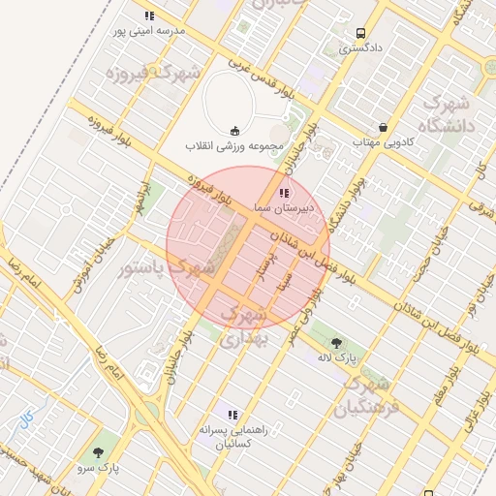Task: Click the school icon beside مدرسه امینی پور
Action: pos(149,15)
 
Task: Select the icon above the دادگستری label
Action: pos(360,31)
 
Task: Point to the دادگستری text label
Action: pos(360,46)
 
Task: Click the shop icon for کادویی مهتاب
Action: pos(384,127)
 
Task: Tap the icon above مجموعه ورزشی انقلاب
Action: pos(233,131)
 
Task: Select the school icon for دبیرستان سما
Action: pos(283,193)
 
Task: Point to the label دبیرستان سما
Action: pos(277,207)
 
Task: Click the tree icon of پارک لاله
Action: pos(336,342)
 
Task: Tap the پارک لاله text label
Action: pos(337,356)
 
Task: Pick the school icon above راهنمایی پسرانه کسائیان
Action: pos(232,415)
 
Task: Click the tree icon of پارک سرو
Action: pos(98,452)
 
